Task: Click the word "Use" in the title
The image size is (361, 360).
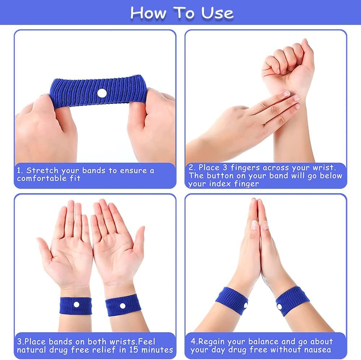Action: click(217, 13)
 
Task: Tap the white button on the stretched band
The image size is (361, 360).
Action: click(102, 93)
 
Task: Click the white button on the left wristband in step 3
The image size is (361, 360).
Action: click(76, 305)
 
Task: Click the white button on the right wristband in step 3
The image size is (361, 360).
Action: click(123, 306)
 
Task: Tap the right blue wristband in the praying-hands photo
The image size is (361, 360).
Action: click(292, 300)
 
